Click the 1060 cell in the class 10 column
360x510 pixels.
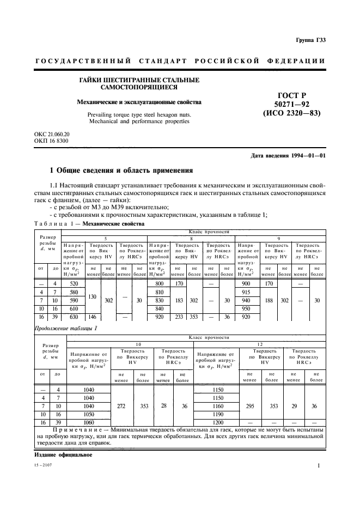(x=88, y=422)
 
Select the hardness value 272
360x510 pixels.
(x=122, y=406)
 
